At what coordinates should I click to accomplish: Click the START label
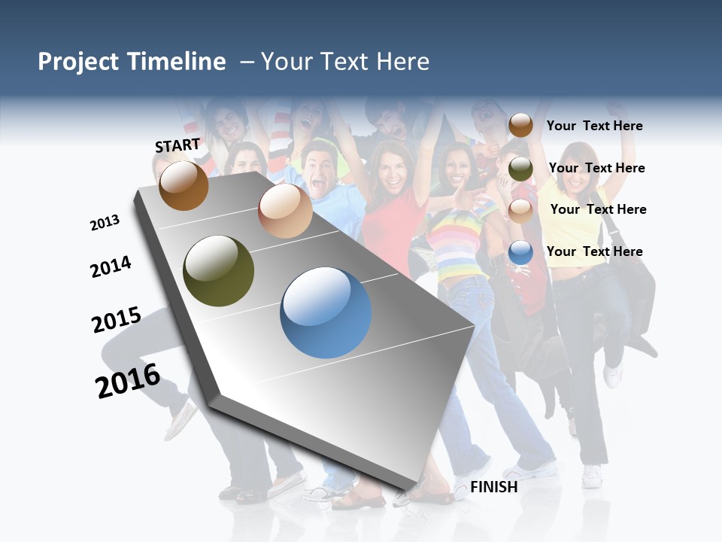pos(177,145)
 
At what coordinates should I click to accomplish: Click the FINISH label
pos(493,487)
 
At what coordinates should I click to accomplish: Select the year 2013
pos(105,223)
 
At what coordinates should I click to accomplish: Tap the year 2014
pos(111,266)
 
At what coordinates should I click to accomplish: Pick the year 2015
pos(117,320)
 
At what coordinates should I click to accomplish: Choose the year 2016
pos(128,381)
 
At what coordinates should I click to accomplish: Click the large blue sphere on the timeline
pos(326,312)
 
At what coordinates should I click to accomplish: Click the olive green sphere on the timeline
pos(218,271)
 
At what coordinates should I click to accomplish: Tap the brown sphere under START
pos(184,185)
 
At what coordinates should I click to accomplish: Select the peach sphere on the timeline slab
pos(285,211)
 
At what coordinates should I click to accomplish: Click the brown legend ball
pos(520,126)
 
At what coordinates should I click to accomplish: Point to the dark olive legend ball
pos(520,169)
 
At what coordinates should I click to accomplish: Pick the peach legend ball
pos(520,210)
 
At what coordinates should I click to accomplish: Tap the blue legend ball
pos(520,252)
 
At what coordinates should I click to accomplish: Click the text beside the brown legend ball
pos(594,126)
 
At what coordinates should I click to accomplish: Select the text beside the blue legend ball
pos(594,251)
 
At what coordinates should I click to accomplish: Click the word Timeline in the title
pos(176,62)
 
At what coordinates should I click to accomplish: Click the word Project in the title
pos(77,62)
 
